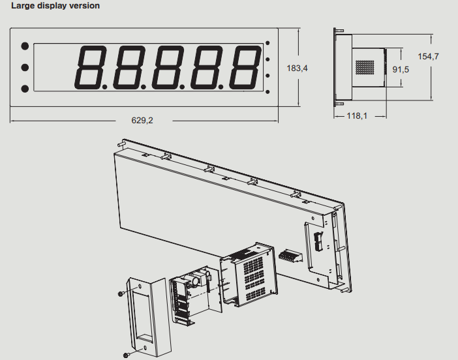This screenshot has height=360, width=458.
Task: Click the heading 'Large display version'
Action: coord(55,6)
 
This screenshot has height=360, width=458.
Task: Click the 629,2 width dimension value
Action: coord(142,120)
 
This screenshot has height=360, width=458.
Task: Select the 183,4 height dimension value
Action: coord(297,68)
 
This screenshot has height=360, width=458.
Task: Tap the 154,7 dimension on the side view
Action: coord(428,56)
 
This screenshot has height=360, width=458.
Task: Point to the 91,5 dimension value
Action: coord(401,70)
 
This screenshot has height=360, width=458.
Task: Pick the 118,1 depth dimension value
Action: coord(357,116)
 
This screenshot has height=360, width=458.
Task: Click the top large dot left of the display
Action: coord(25,46)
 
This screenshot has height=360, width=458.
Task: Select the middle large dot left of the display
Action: coord(25,67)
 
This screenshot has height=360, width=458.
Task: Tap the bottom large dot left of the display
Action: coord(25,89)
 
